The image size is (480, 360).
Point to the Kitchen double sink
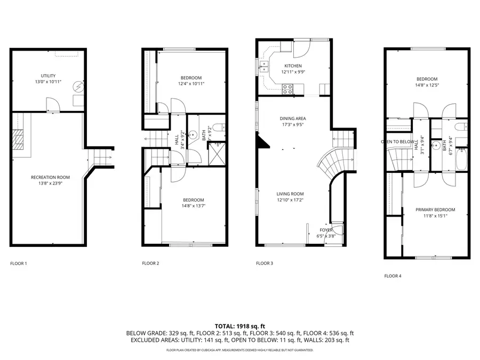click(x=263, y=66)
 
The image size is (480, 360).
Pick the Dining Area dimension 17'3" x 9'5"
click(x=293, y=125)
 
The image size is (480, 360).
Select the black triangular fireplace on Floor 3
click(x=260, y=141)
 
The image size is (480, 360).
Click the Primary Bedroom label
click(x=435, y=210)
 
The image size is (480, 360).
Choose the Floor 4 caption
click(x=393, y=276)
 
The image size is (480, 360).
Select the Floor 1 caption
click(x=19, y=263)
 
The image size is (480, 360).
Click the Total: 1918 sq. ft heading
click(x=239, y=326)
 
